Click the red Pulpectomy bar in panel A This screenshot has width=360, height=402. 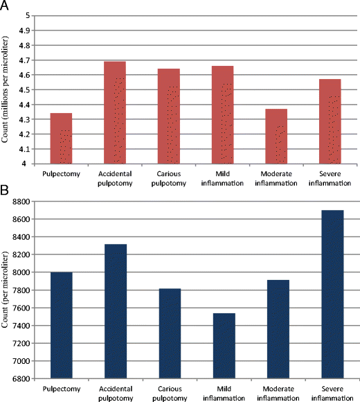[61, 139]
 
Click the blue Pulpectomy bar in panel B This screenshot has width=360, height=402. [61, 326]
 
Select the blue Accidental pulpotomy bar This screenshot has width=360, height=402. [115, 312]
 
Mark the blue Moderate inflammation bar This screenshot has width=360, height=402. [277, 329]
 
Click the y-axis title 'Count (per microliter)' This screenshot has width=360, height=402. [6, 290]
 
